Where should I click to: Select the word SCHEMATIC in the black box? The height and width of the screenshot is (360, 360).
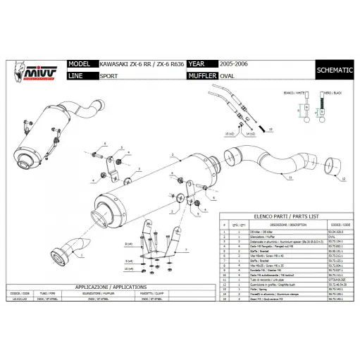pos(335,71)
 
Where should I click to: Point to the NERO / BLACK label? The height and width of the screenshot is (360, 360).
pos(331,92)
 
